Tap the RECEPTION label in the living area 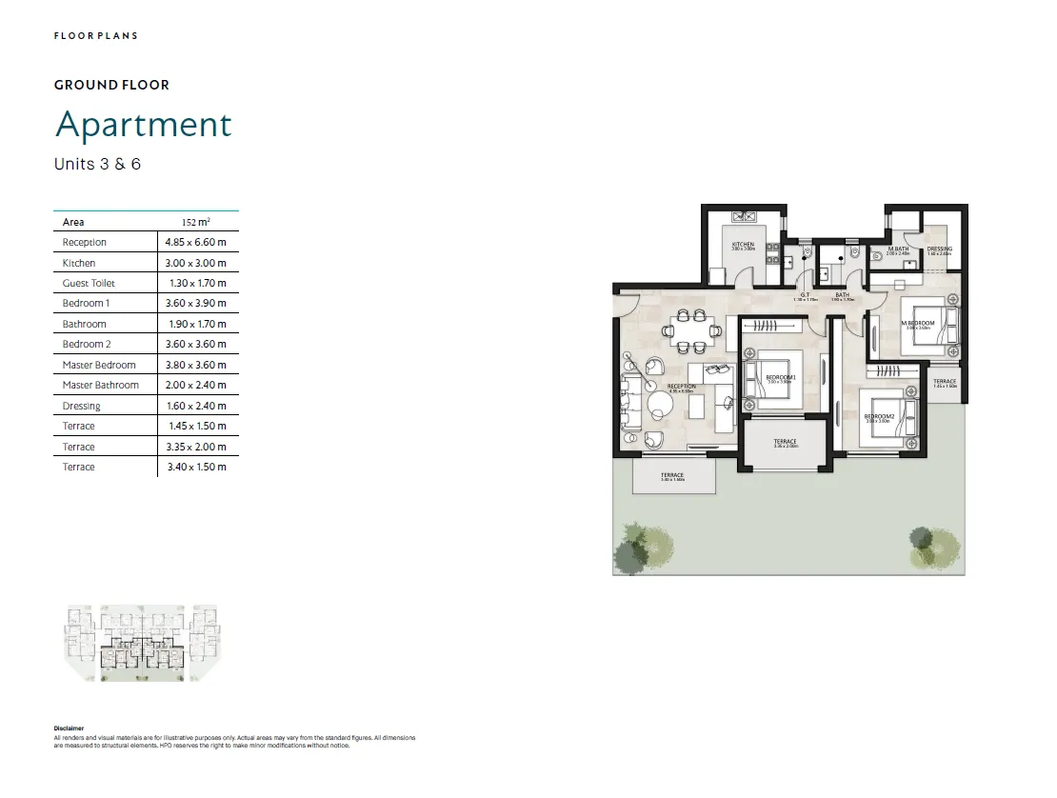pyautogui.click(x=681, y=386)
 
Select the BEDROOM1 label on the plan pyautogui.click(x=780, y=378)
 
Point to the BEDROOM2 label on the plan pyautogui.click(x=877, y=416)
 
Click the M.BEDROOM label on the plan pyautogui.click(x=918, y=324)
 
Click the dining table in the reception pyautogui.click(x=686, y=330)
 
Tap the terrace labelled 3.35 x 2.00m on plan pyautogui.click(x=785, y=444)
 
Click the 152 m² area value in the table pyautogui.click(x=196, y=222)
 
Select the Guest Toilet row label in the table pyautogui.click(x=89, y=283)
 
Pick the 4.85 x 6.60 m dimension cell pyautogui.click(x=197, y=243)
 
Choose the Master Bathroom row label pyautogui.click(x=100, y=385)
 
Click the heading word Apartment pyautogui.click(x=144, y=125)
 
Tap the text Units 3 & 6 pyautogui.click(x=97, y=164)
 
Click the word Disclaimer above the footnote pyautogui.click(x=69, y=728)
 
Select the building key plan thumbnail pyautogui.click(x=141, y=644)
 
